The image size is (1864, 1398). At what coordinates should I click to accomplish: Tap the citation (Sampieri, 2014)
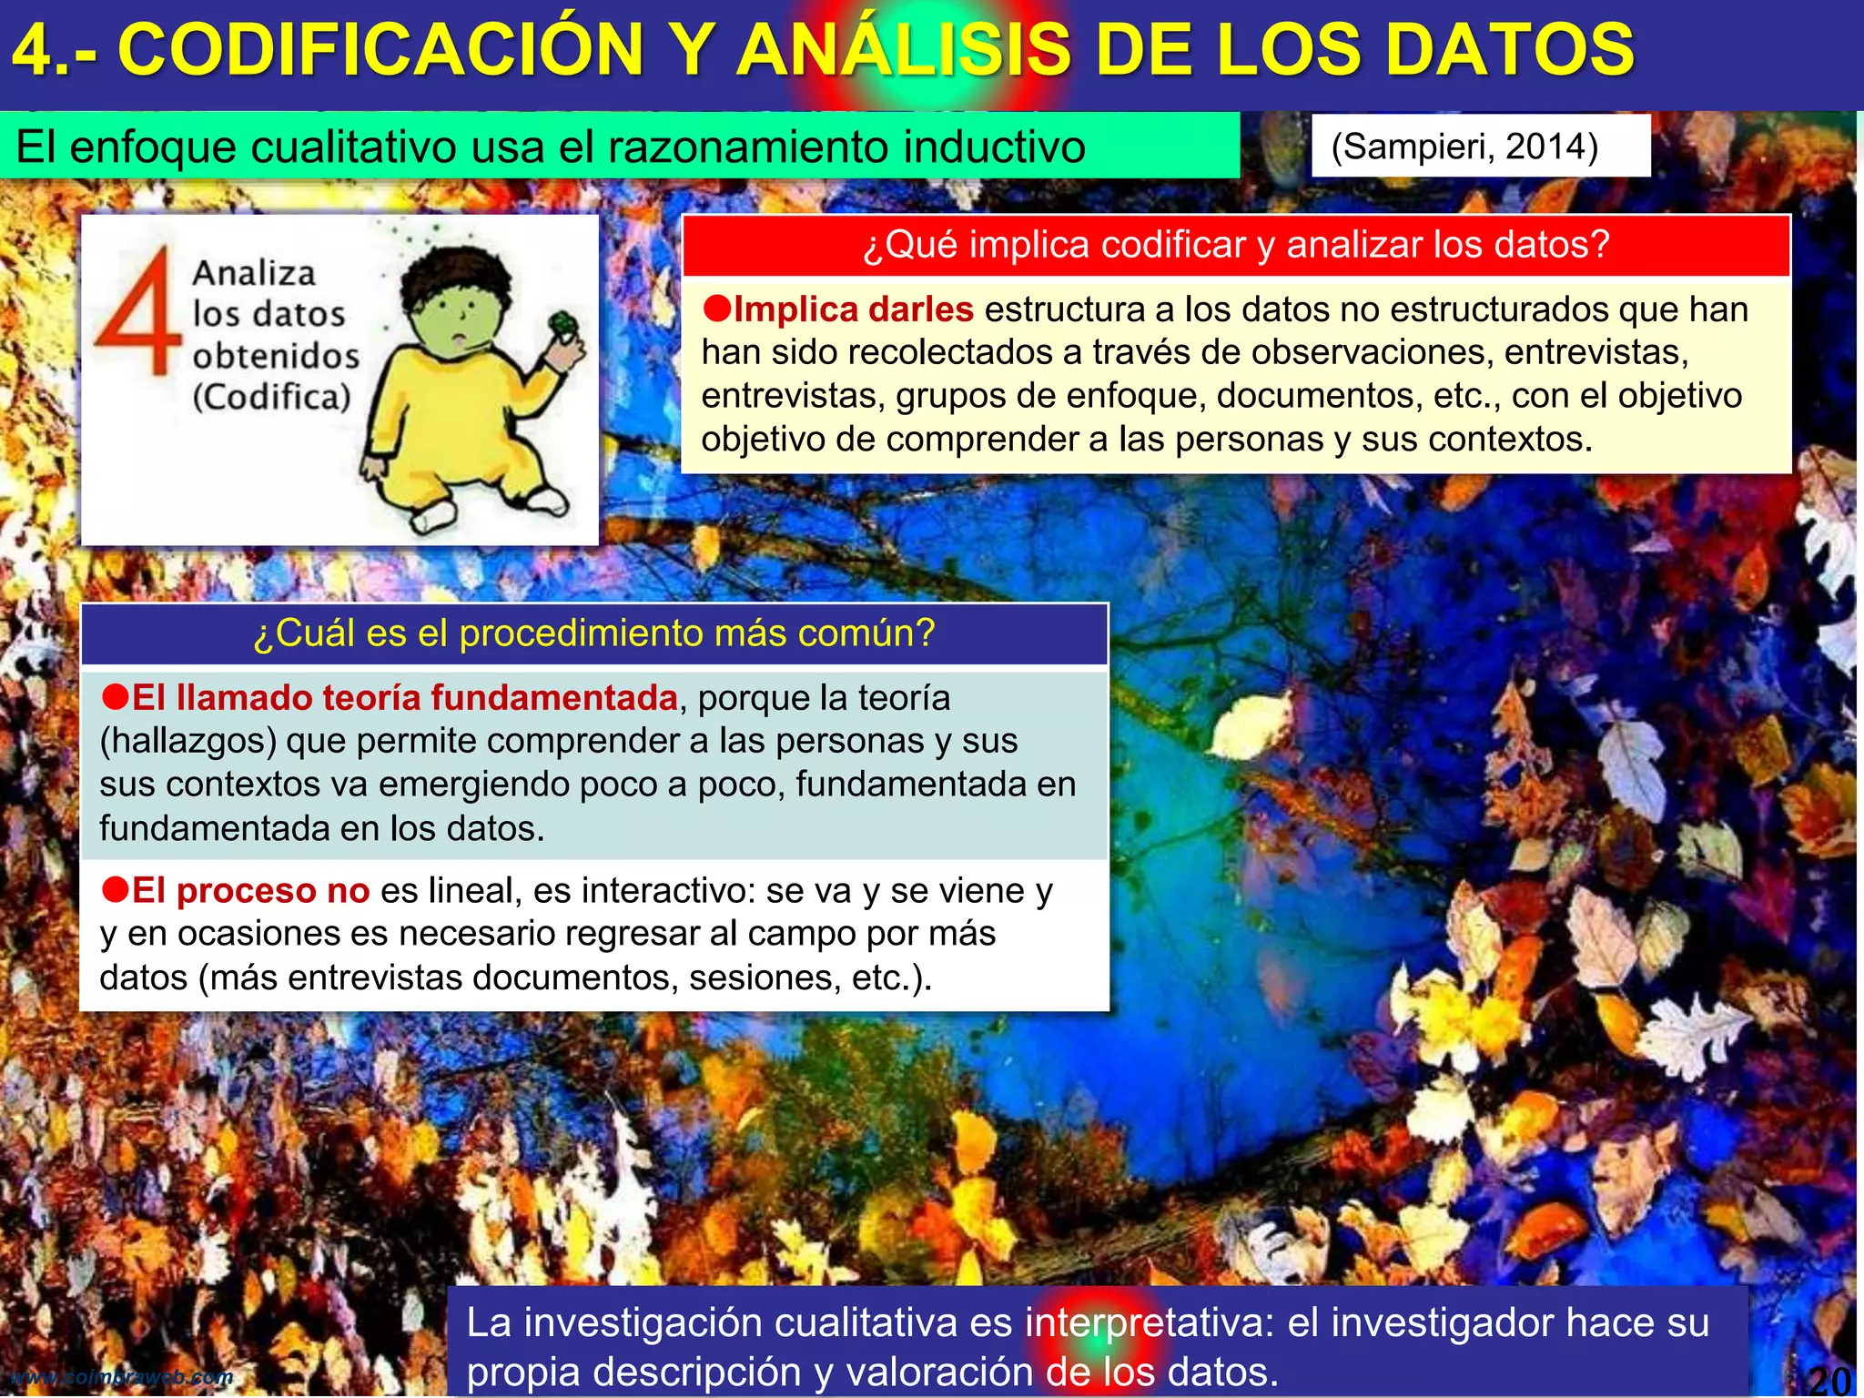(1464, 147)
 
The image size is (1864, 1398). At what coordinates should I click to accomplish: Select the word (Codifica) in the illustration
(271, 397)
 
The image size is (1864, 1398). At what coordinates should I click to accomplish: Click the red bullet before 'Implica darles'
(716, 309)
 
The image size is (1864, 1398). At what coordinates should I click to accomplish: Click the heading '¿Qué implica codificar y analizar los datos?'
(1236, 245)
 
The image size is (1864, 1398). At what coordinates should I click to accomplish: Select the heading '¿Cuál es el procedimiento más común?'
(594, 633)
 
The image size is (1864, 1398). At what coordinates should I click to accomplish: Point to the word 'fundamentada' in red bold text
(554, 698)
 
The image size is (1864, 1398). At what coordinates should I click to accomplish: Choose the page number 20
(1829, 1380)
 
